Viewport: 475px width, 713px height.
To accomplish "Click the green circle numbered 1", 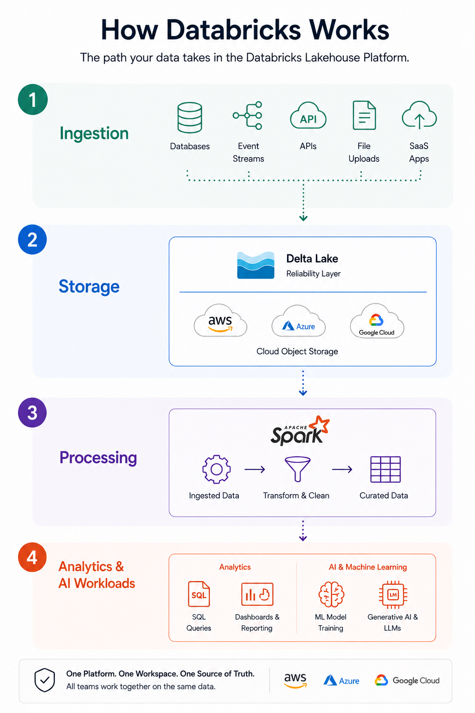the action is pos(33,99).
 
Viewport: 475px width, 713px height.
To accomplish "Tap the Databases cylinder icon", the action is pos(190,117).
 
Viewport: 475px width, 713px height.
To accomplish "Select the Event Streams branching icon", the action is pos(248,115).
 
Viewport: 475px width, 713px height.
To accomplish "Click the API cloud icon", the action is pos(308,115).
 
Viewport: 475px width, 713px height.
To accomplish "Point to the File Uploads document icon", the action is pos(364,115).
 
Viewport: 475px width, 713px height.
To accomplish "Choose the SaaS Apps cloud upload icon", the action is pos(419,115).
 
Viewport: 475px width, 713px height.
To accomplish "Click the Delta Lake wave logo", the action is pos(256,265).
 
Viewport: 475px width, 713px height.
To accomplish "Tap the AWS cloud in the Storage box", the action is pos(220,321).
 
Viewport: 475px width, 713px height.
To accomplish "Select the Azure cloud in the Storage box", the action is pos(298,321).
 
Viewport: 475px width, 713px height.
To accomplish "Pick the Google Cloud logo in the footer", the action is pos(407,680).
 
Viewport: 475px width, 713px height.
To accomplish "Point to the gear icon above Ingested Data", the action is pos(216,469).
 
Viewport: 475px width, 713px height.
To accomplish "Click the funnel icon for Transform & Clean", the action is pos(297,469).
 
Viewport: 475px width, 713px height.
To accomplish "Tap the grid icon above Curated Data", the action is pos(385,469).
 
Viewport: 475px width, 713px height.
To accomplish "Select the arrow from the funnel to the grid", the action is pos(342,469).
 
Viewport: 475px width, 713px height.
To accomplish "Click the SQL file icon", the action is pos(199,594).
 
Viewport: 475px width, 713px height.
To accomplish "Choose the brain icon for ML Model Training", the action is pos(331,594).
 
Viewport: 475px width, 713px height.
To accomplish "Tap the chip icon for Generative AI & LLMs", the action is pos(393,595).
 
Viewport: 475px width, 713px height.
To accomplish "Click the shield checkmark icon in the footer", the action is pos(45,680).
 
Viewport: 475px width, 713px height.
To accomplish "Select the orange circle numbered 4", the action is pos(32,557).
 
